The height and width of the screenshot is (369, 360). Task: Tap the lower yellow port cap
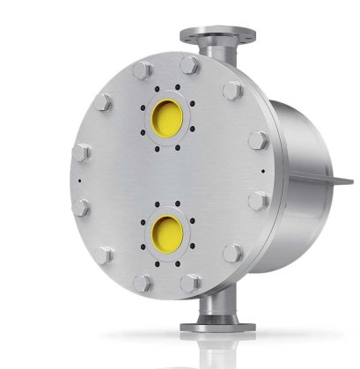[x=165, y=231]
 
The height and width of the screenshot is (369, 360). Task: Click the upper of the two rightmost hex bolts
[x=259, y=140]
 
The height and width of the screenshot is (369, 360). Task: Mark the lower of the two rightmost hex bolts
[x=257, y=202]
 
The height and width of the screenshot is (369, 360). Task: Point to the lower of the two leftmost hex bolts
[x=78, y=209]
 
